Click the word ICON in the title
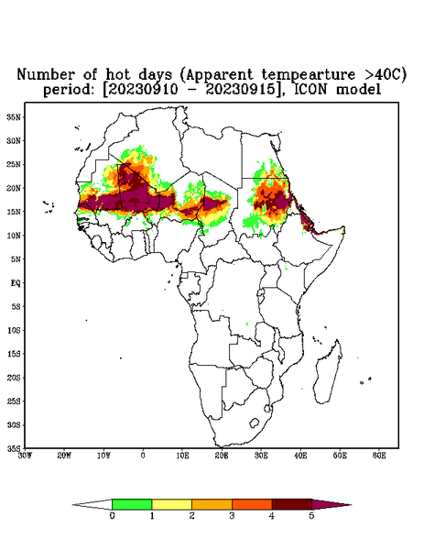point(310,89)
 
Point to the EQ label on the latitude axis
point(16,282)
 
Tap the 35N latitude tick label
point(14,116)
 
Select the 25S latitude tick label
point(14,401)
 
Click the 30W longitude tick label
point(25,456)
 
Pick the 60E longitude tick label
point(379,456)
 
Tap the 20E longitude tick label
point(222,456)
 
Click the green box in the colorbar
point(132,504)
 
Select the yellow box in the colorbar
point(171,504)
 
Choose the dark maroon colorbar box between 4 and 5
point(292,504)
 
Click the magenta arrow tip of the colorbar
point(332,504)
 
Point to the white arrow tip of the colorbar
point(92,504)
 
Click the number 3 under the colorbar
point(232,516)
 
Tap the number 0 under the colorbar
point(112,516)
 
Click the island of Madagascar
point(328,372)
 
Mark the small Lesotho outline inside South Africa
point(255,423)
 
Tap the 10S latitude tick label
point(14,330)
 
